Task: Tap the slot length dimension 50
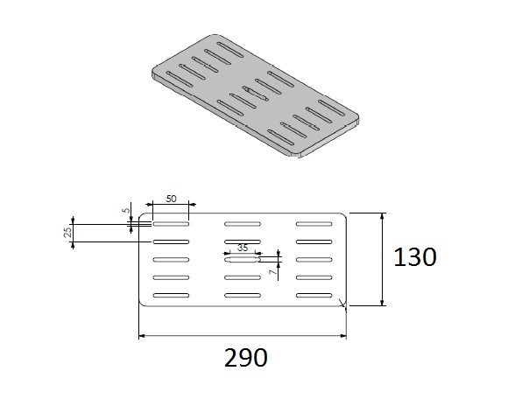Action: point(171,199)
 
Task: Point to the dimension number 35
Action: point(242,248)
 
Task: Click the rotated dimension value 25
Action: point(67,232)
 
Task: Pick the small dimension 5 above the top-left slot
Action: point(126,210)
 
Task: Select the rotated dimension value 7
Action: point(272,273)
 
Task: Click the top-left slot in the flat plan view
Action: point(172,224)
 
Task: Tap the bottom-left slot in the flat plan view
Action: point(172,294)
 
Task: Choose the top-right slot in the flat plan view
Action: point(314,224)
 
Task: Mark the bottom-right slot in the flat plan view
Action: point(314,294)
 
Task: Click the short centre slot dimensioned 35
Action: point(242,259)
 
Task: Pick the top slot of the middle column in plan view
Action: point(243,224)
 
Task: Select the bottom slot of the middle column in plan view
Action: point(243,294)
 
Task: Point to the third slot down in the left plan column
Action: point(172,259)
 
